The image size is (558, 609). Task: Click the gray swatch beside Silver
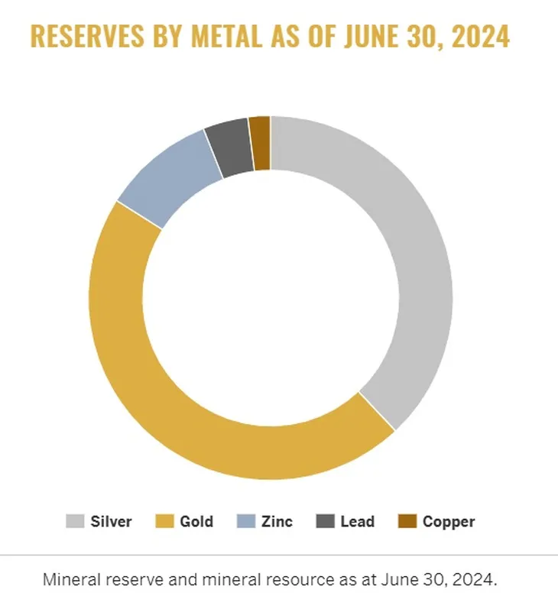tap(74, 522)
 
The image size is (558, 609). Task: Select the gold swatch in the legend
tap(165, 522)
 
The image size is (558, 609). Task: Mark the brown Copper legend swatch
tap(407, 522)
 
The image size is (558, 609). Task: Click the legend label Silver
tap(111, 522)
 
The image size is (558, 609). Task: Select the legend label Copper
tap(449, 522)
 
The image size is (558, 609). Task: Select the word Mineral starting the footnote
tap(70, 579)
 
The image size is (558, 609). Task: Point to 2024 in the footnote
tap(476, 579)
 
